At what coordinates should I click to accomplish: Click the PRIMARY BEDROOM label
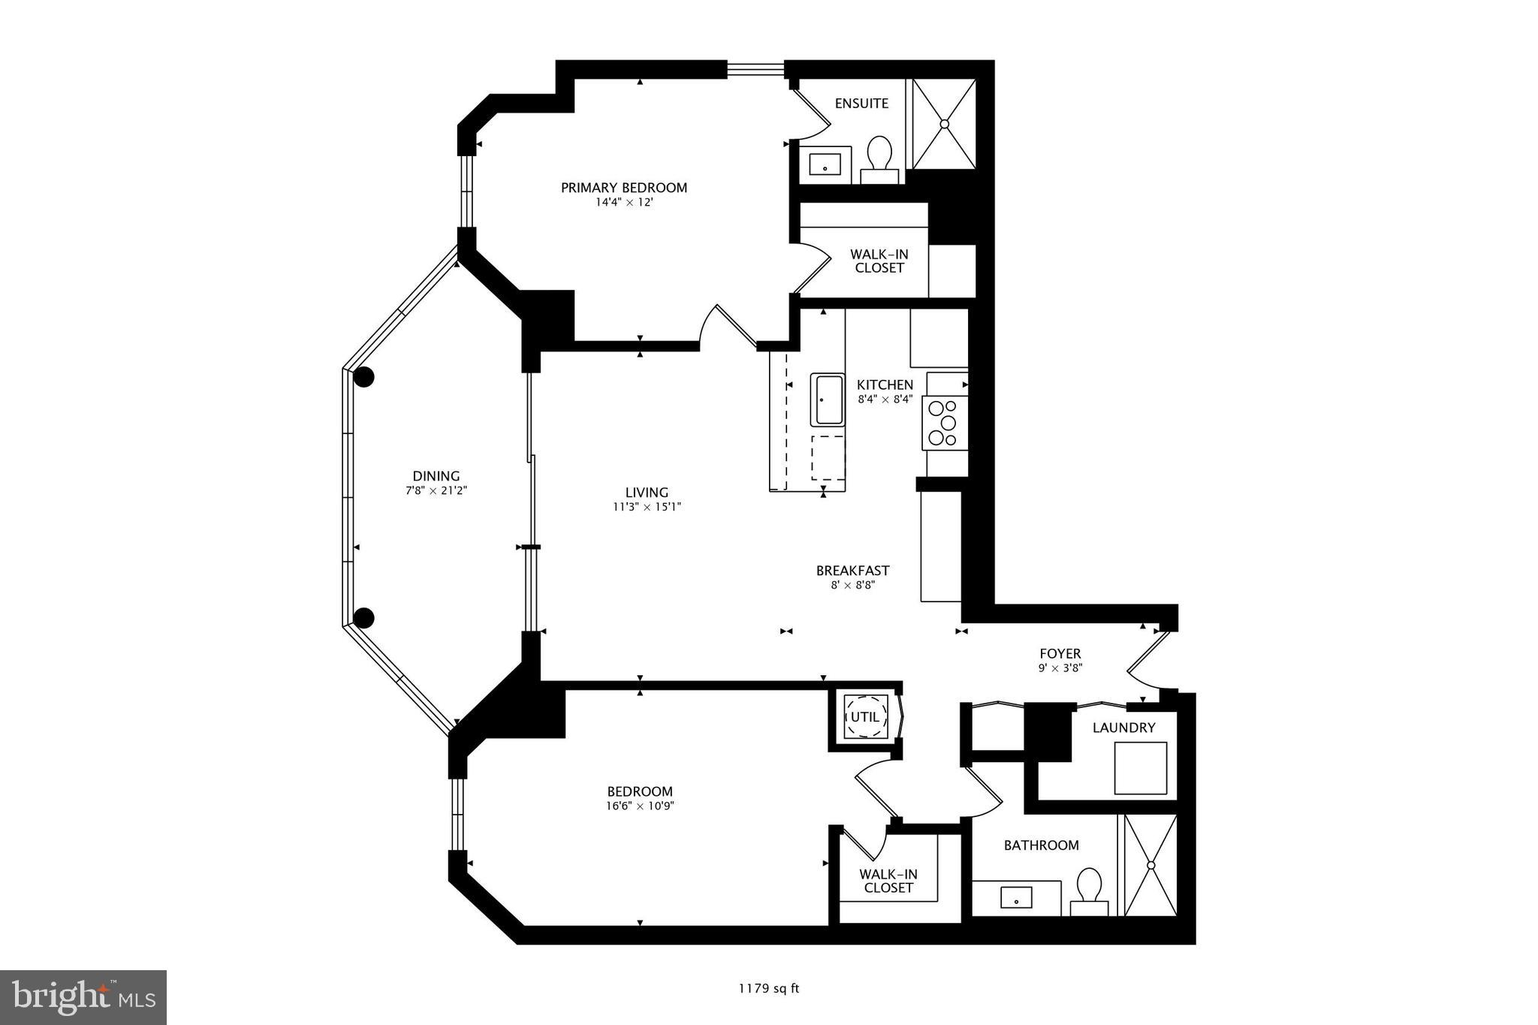point(623,188)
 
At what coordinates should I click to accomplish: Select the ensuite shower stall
point(944,124)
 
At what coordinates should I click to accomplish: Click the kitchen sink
point(828,399)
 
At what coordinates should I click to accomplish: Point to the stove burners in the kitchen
point(943,423)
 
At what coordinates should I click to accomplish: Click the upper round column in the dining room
point(364,378)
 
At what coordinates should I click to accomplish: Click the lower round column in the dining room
point(363,618)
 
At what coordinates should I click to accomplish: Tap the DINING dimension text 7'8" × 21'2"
point(436,490)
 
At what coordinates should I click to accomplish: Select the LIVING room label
point(647,493)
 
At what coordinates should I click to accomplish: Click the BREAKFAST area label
point(852,571)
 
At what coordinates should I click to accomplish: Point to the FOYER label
point(1060,654)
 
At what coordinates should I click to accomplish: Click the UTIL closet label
point(864,717)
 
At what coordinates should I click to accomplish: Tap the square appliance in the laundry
point(1140,767)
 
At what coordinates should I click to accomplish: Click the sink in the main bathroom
point(1016,897)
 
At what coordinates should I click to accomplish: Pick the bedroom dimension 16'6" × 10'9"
point(640,806)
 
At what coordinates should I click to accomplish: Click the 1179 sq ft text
point(768,988)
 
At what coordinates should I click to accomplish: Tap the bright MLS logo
point(84,997)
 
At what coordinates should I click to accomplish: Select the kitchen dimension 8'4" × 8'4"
point(885,399)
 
